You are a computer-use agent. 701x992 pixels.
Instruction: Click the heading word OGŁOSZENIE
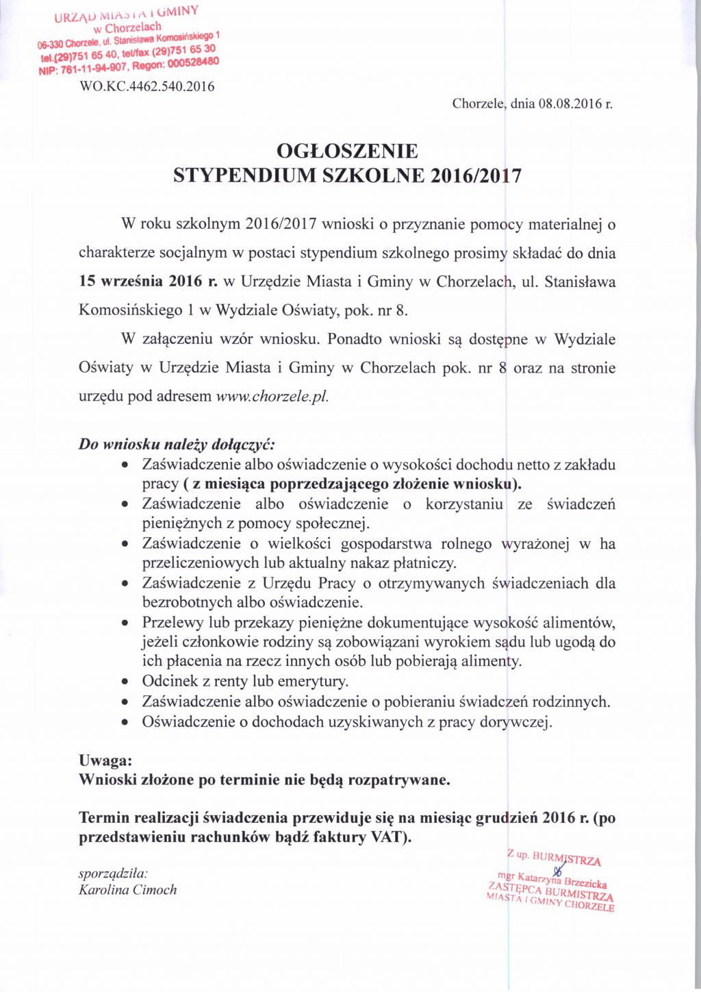click(347, 151)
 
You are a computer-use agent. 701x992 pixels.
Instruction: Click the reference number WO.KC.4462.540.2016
click(147, 86)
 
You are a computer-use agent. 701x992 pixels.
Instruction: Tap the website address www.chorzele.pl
click(272, 396)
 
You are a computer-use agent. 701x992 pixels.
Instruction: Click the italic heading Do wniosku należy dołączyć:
click(177, 444)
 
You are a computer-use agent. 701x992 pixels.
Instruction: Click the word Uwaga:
click(105, 760)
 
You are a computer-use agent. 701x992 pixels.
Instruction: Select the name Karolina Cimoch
click(128, 890)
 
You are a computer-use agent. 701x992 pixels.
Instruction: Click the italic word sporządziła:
click(114, 873)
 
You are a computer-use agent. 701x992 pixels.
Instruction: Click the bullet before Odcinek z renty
click(125, 682)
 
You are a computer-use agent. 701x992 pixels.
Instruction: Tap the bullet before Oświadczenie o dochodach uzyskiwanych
click(125, 722)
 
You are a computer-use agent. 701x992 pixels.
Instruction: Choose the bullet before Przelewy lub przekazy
click(125, 623)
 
